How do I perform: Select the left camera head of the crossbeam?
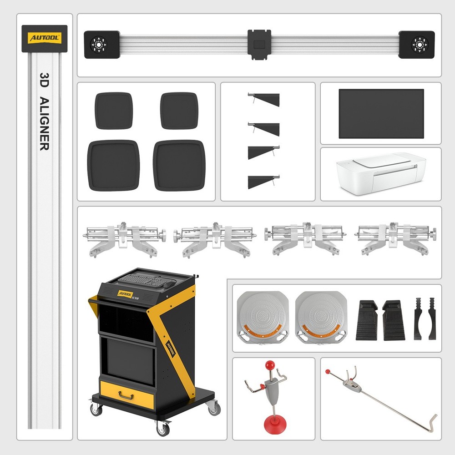101,45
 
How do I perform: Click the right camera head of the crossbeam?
416,45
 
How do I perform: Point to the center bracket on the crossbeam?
259,45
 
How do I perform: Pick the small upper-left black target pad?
113,111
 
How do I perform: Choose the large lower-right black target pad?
179,165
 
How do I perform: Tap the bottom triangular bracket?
264,181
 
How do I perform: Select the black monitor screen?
381,114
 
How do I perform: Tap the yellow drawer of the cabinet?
127,394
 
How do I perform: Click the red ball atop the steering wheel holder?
269,365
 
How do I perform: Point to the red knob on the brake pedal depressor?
328,372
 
